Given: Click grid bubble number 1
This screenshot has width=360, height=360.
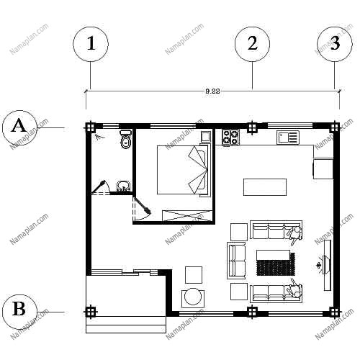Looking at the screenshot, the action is (x=91, y=44).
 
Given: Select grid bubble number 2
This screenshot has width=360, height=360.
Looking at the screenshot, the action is (x=252, y=44).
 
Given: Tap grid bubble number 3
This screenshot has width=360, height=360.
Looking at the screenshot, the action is (x=335, y=44).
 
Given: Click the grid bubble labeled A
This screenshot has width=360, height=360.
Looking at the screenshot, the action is (x=19, y=128).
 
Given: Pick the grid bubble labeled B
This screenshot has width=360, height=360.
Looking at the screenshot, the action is (x=19, y=312).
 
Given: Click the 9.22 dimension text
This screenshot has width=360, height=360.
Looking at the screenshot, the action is (x=212, y=91).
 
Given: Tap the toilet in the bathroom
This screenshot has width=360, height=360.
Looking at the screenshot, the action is (x=125, y=140).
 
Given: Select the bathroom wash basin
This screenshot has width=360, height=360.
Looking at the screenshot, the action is (x=124, y=186).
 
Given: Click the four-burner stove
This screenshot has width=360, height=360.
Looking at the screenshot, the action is (x=230, y=138).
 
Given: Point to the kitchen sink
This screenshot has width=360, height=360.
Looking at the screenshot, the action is (x=288, y=138).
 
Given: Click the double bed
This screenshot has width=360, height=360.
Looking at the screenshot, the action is (x=182, y=170).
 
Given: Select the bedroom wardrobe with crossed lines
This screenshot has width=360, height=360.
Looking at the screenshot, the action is (x=187, y=215).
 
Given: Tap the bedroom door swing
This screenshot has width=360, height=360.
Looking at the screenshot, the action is (x=142, y=209).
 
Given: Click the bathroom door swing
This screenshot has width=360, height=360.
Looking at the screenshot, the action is (x=102, y=187).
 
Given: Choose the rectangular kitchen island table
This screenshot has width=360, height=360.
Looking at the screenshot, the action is (x=265, y=187).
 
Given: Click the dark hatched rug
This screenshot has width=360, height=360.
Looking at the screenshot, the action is (x=276, y=264).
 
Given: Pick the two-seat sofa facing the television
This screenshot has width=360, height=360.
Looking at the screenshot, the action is (x=236, y=261).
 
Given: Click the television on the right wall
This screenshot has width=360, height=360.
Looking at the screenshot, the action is (x=327, y=265).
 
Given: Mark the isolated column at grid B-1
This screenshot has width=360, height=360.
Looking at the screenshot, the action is (x=91, y=312).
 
